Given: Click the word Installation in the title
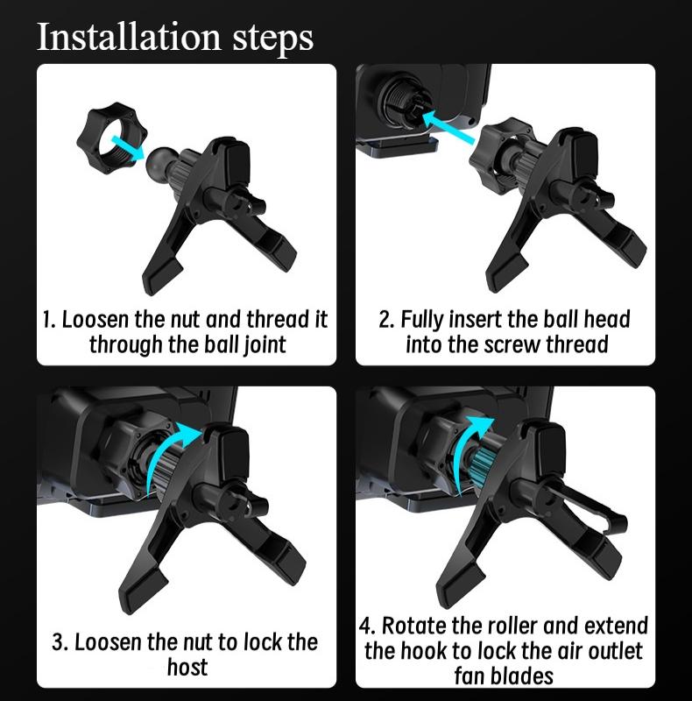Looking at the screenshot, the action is pos(129,37).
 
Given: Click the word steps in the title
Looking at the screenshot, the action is pos(272,39).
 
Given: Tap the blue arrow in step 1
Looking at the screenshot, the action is pos(128,146).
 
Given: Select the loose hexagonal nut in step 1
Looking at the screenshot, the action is pos(112,138).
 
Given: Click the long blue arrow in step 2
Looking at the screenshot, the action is pos(448,126).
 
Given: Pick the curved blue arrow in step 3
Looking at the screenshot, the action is pos(171,456).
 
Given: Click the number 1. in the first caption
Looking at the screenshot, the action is pos(49,320).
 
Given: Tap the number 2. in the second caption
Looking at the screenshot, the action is pos(386,320).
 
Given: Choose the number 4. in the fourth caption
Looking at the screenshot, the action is pos(367,626).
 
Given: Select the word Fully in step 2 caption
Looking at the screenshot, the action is pos(422,321).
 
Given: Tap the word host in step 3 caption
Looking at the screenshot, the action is pos(187,668).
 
